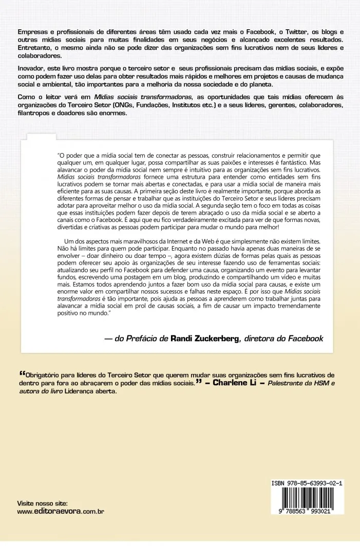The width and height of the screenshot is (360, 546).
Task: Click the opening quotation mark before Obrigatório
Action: tap(21, 374)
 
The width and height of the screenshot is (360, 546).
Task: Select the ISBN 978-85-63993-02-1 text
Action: tap(307, 483)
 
